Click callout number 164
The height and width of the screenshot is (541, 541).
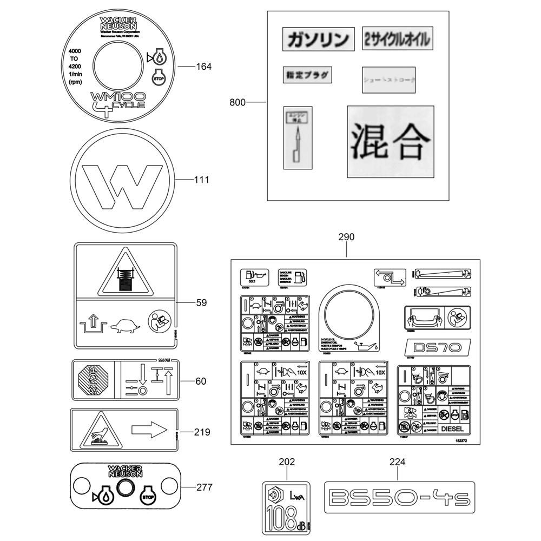203,67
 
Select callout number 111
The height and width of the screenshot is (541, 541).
201,180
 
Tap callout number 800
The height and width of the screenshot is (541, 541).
237,102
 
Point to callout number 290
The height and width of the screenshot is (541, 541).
346,237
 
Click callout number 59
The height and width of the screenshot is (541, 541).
201,303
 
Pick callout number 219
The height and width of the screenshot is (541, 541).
201,432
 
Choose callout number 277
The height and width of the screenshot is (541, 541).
204,487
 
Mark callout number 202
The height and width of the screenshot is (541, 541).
287,462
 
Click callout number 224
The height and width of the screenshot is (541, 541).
397,462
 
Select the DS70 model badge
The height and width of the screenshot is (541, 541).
438,346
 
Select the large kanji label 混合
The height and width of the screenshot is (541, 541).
390,141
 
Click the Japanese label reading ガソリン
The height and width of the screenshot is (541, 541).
318,39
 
